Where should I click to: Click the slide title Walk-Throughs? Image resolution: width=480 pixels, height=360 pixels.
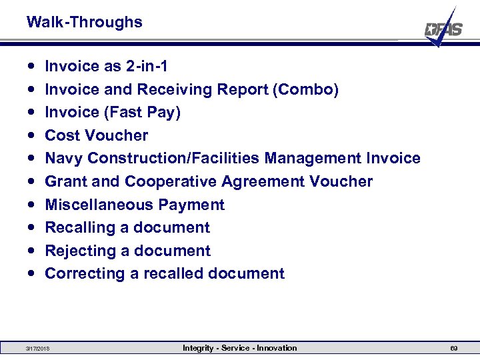(84, 22)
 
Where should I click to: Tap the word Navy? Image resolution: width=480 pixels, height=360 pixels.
(63, 158)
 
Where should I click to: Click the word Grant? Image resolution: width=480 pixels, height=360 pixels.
(65, 181)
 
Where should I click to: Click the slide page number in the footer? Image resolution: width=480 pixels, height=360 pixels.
(453, 349)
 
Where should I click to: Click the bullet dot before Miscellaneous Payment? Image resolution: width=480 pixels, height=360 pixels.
(32, 205)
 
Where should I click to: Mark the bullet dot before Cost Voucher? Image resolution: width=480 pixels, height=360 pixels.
(32, 135)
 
